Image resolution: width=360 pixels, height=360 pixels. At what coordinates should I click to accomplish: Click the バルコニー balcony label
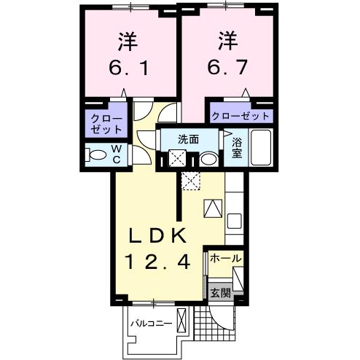[151, 321]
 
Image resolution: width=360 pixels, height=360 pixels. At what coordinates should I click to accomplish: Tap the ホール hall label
[225, 259]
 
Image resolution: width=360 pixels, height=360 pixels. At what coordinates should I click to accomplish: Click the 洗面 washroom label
[189, 138]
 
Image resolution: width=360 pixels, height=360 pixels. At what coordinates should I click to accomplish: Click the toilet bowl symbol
[95, 154]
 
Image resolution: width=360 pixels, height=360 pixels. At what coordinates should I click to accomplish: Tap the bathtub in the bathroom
[261, 148]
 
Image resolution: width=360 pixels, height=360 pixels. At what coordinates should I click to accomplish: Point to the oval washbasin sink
[208, 159]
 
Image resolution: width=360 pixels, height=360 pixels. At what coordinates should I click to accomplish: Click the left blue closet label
[106, 122]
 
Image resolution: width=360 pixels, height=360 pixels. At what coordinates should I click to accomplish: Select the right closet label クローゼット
[241, 116]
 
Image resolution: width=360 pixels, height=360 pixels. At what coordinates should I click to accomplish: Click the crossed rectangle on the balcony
[182, 321]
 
